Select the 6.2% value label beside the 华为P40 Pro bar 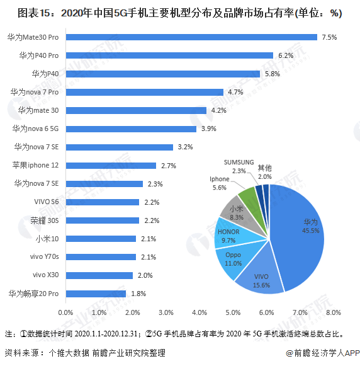[x=286, y=55]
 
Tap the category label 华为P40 [x=46, y=74]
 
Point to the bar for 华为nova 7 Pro [x=144, y=92]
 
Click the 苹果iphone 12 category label [x=36, y=165]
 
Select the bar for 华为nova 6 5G [x=131, y=129]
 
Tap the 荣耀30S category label [x=44, y=220]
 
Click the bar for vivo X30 [x=99, y=275]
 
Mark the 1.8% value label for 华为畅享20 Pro [x=138, y=294]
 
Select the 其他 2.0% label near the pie [x=264, y=172]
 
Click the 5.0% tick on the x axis [x=232, y=312]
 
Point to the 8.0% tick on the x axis [x=333, y=312]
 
